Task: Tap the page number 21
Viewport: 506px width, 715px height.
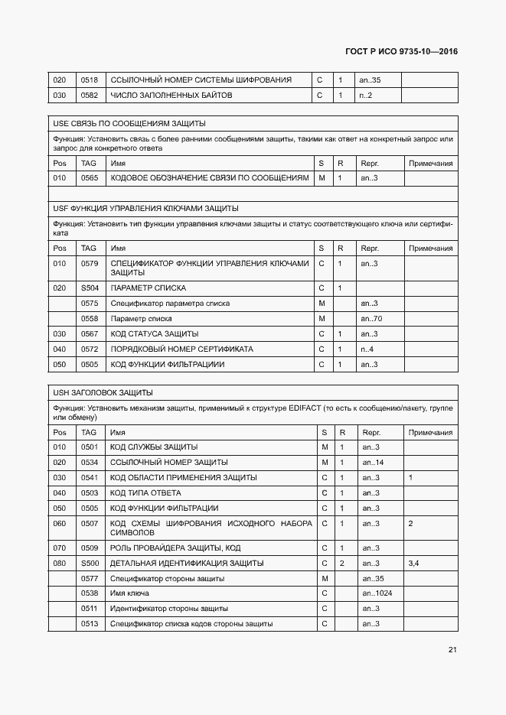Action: pos(452,650)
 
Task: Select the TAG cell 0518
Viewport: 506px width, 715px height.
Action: pos(90,80)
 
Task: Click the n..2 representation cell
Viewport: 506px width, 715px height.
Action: pos(366,96)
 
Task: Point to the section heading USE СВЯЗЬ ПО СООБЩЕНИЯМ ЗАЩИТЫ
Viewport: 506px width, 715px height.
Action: pos(129,123)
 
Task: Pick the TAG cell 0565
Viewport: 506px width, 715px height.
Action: pos(90,178)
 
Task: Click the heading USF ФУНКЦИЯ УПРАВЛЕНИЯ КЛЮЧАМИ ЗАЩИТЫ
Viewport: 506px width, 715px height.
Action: pos(145,208)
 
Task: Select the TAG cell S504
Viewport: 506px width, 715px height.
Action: pos(90,288)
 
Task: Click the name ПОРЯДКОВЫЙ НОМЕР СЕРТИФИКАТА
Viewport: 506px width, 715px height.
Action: pos(181,349)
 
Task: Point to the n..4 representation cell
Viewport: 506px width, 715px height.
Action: pos(367,349)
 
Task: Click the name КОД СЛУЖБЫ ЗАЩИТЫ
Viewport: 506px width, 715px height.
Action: pos(154,447)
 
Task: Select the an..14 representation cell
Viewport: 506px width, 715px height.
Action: pos(373,463)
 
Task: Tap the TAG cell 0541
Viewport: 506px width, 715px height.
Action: pos(90,478)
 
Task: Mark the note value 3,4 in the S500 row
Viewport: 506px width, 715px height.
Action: pos(414,563)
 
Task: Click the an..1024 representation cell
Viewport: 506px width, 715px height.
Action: pos(377,593)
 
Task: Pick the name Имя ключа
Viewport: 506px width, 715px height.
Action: pos(130,593)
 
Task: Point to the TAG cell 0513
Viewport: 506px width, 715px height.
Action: pos(90,624)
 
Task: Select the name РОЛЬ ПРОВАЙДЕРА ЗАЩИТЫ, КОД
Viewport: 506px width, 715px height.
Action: pos(175,548)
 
